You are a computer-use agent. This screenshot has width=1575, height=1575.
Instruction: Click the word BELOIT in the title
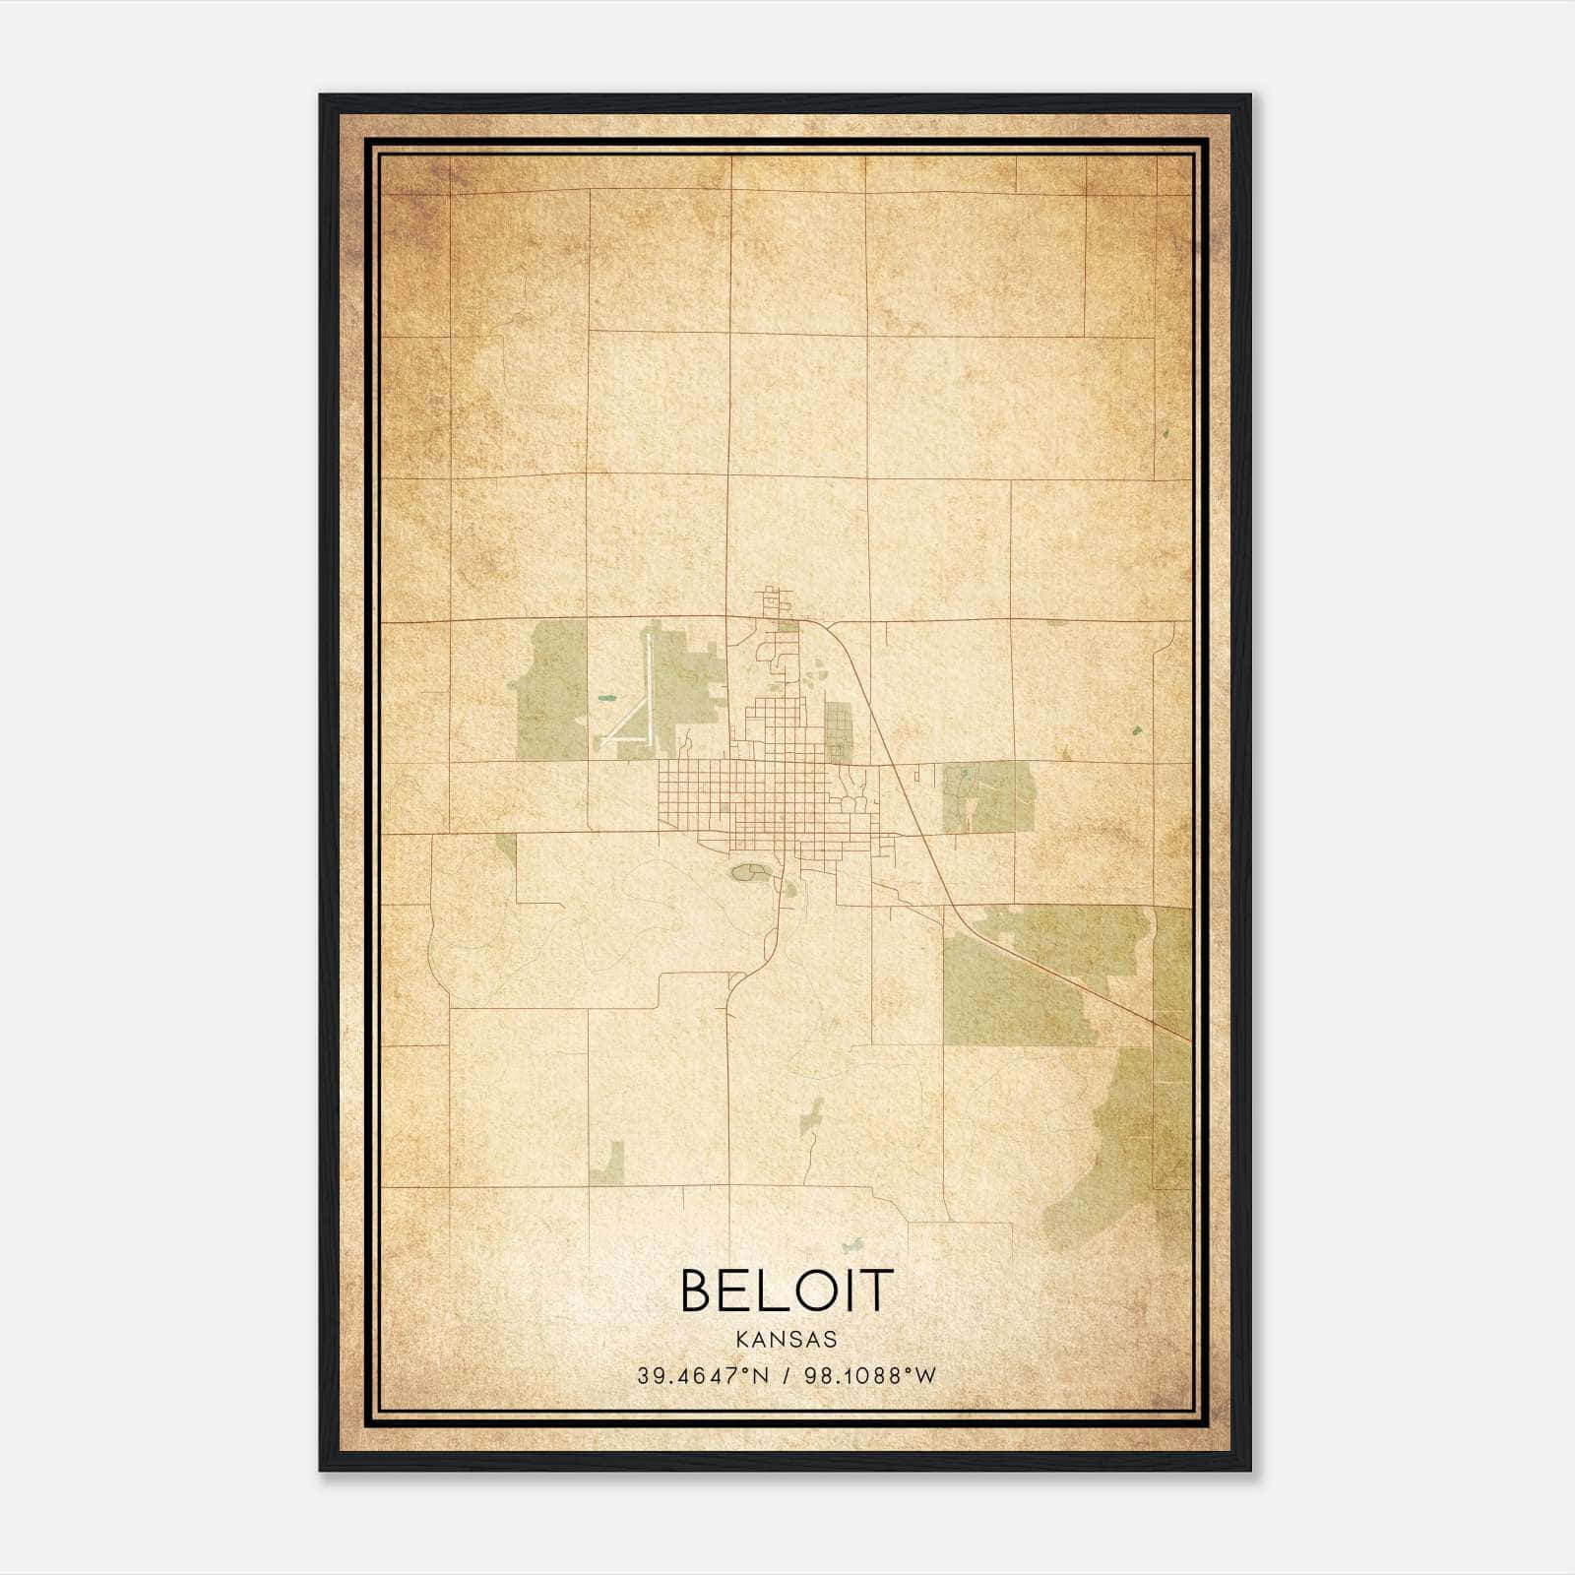[x=787, y=1291]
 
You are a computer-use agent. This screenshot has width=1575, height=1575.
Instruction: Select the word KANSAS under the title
[x=787, y=1340]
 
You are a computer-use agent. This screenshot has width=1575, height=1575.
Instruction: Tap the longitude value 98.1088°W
[x=869, y=1376]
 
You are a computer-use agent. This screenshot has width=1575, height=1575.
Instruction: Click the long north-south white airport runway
[x=649, y=689]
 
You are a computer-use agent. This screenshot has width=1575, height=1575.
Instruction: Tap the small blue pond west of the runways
[x=605, y=700]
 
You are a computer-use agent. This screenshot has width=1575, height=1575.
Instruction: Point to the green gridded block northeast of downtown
[x=838, y=729]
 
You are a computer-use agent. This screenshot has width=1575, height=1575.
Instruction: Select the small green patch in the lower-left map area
[x=608, y=1164]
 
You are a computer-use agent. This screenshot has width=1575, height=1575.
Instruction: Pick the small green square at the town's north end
[x=787, y=625]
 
